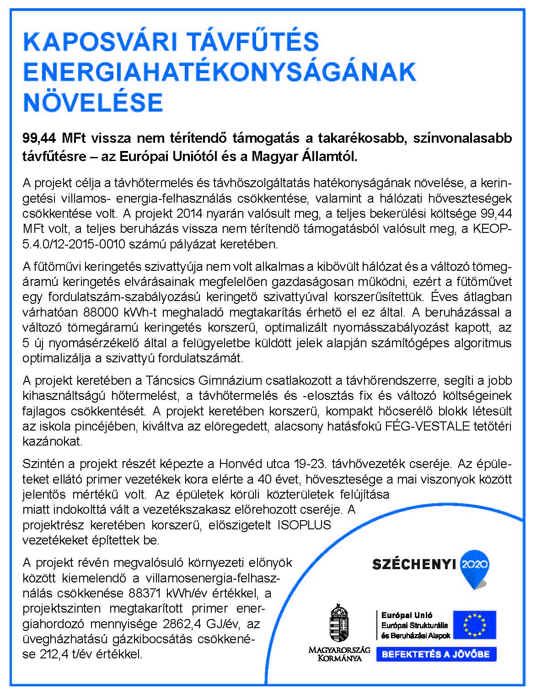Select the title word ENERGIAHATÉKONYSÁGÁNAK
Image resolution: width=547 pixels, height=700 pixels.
coord(220,72)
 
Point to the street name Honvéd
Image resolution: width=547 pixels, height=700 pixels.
coord(242,464)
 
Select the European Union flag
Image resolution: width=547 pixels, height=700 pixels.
coord(474,625)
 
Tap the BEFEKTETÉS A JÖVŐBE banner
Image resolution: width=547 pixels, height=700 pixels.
coord(436,654)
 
